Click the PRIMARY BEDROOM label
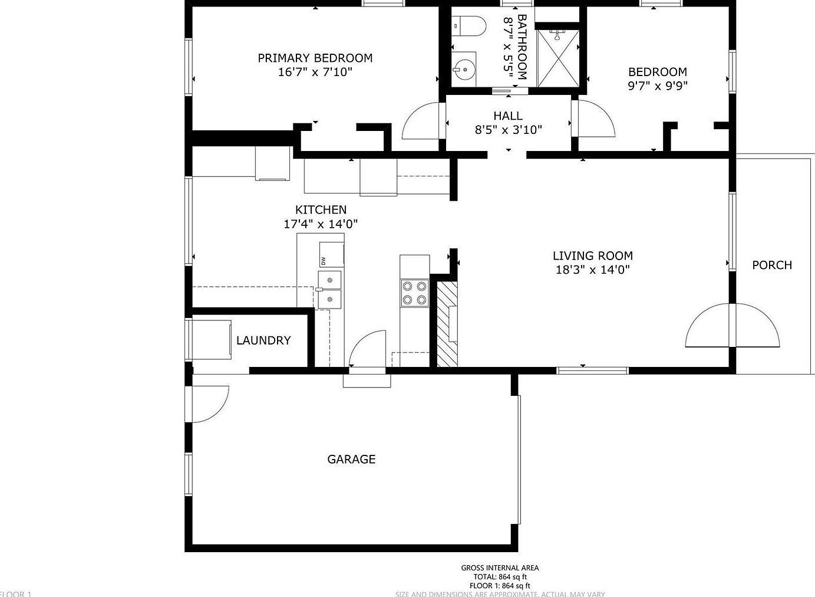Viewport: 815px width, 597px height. coord(315,58)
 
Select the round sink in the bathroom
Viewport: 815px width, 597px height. coord(465,69)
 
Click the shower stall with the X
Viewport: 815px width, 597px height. coord(557,57)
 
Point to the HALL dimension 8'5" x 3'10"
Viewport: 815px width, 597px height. coord(508,130)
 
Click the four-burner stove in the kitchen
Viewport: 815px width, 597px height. coord(414,293)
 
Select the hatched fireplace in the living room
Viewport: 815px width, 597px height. coord(446,324)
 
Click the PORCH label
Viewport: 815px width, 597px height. coord(771,265)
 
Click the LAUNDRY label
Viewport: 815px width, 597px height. coord(263,340)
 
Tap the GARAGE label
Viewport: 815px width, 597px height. coord(351,459)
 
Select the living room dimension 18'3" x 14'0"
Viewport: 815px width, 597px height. coord(592,270)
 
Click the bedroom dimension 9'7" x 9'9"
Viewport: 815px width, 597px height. coord(657,86)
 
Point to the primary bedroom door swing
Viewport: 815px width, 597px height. coord(423,121)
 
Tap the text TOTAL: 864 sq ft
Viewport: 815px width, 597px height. coord(500,577)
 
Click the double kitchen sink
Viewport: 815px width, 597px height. coord(329,290)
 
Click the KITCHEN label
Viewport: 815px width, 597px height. coord(321,209)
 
